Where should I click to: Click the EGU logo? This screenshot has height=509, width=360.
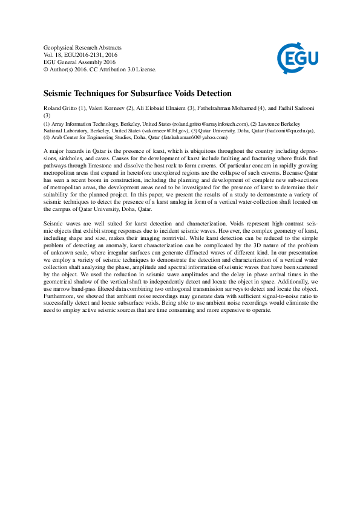pyautogui.click(x=297, y=58)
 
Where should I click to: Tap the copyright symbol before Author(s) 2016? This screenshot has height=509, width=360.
pyautogui.click(x=47, y=69)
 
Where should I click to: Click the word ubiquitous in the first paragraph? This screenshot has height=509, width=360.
pyautogui.click(x=198, y=150)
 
